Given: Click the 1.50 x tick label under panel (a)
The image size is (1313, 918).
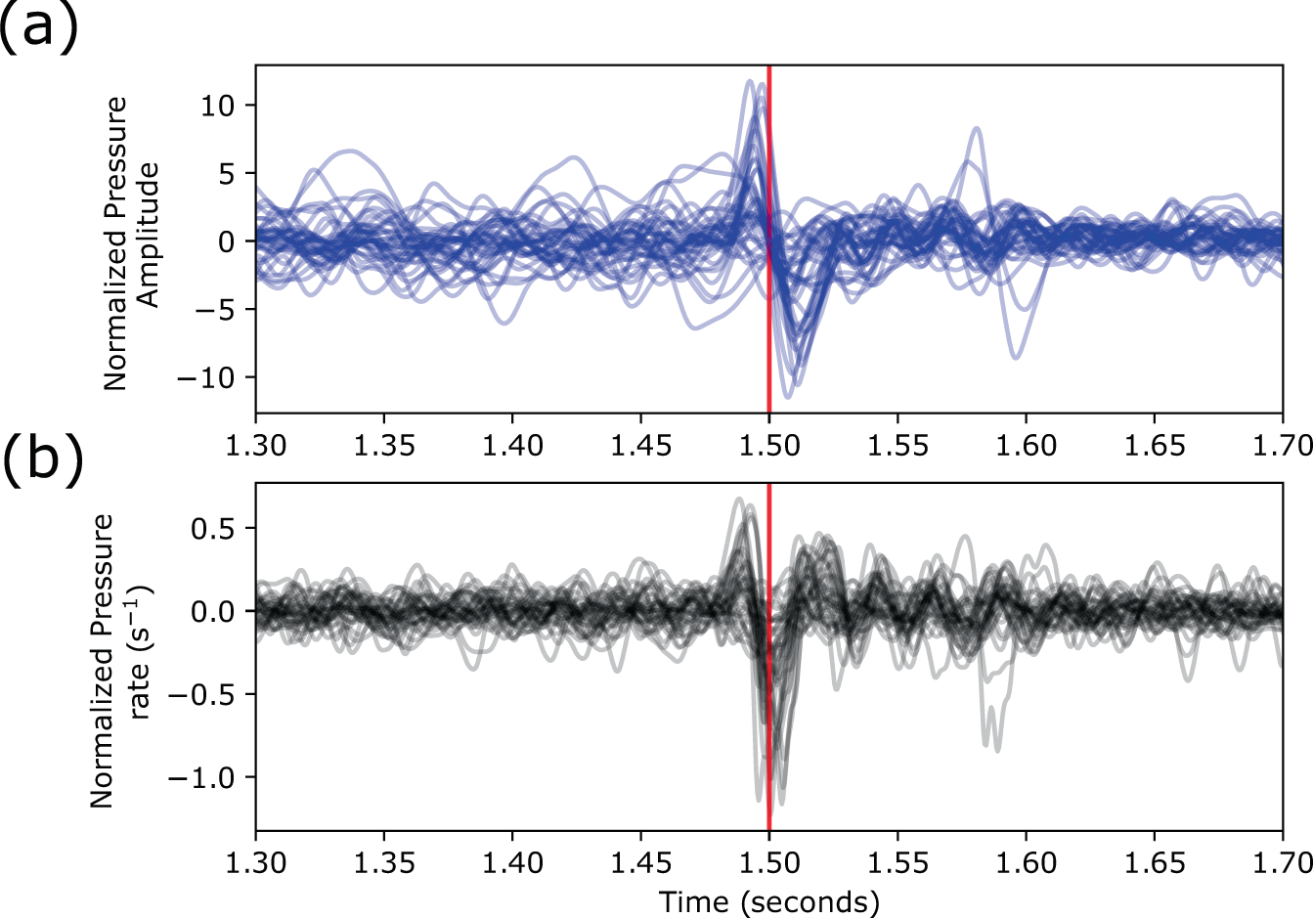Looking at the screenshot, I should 769,447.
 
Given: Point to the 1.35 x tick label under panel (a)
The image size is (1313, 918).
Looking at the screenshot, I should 384,447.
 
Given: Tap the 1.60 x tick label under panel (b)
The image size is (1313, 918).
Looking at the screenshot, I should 1026,863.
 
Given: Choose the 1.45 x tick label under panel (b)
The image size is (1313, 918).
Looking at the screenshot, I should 640,863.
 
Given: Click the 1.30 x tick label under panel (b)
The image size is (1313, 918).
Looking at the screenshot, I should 256,863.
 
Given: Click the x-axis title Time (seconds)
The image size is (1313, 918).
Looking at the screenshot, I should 769,901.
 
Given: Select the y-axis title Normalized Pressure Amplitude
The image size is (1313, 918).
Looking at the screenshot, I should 132,242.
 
